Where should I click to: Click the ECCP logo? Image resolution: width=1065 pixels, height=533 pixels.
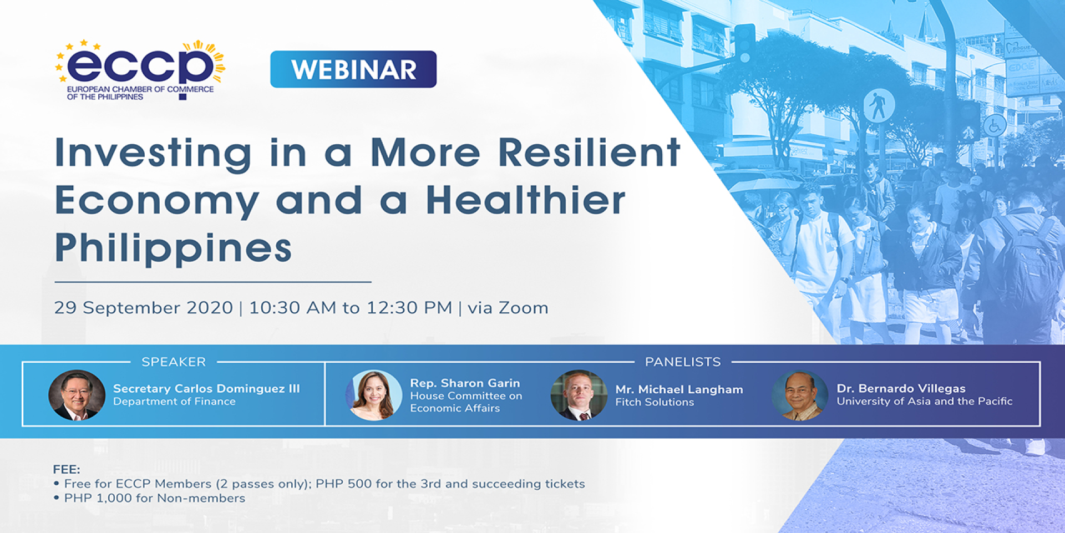140,70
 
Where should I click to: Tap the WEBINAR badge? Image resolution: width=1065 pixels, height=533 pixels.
353,69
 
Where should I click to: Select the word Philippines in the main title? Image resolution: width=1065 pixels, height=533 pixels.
174,248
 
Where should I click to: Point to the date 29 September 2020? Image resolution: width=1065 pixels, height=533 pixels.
143,308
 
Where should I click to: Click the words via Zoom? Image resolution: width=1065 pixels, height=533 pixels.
508,308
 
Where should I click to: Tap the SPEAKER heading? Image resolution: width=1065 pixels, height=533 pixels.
174,362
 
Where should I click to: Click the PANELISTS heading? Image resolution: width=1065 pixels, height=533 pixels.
683,362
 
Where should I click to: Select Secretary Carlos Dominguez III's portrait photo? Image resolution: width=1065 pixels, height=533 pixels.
77,395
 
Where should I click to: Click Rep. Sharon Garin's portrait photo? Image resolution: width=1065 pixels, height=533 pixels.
373,395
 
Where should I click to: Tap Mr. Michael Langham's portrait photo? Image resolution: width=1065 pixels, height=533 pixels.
579,395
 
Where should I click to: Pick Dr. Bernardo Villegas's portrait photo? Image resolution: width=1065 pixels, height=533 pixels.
800,395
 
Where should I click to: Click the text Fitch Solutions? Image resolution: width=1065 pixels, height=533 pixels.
655,402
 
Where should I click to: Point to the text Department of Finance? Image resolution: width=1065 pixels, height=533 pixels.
174,402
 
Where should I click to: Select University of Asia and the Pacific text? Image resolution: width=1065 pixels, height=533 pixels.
925,401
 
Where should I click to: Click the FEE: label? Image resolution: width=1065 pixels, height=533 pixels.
67,470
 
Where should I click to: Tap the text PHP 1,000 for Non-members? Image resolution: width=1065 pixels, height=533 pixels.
154,498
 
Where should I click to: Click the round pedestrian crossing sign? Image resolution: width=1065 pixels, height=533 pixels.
879,105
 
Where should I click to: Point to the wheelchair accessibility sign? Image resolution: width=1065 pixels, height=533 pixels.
995,125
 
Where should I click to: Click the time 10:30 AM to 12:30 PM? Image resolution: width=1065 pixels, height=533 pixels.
351,308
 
